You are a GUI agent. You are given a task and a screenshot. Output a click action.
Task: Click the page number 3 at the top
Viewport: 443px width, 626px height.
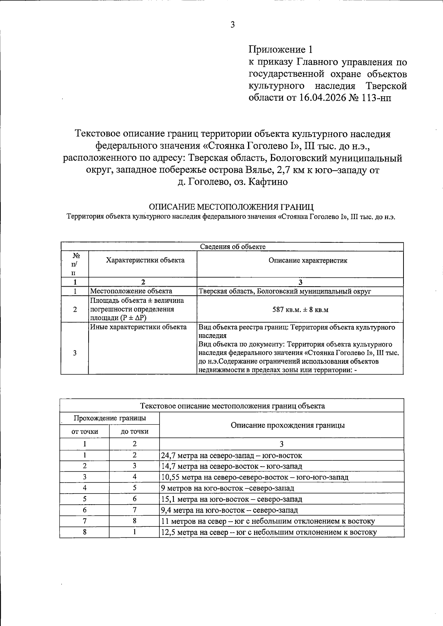(x=233, y=25)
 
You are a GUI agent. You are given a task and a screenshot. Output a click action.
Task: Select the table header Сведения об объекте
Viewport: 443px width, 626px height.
(x=233, y=247)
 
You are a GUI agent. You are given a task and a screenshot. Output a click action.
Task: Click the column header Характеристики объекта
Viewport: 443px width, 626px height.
(x=145, y=260)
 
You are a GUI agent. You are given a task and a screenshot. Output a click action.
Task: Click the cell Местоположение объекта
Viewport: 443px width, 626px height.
(x=131, y=291)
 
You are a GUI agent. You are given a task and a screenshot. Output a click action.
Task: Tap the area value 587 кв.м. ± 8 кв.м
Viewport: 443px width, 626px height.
(x=300, y=309)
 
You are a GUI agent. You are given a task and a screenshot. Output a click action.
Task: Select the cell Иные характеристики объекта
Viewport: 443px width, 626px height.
(x=138, y=327)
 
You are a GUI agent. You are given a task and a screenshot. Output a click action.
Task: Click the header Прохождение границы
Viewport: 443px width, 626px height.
(x=110, y=418)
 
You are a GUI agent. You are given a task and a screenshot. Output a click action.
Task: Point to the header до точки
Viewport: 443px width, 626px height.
(x=134, y=431)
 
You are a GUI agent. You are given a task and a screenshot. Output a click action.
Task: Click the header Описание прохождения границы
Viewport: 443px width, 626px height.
(x=288, y=425)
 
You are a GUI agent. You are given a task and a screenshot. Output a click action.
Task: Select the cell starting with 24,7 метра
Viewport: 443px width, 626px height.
(x=231, y=456)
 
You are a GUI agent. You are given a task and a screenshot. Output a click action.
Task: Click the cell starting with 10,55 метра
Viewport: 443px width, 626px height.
(x=254, y=477)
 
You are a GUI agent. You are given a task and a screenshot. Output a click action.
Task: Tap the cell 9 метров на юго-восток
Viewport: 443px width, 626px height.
(x=227, y=488)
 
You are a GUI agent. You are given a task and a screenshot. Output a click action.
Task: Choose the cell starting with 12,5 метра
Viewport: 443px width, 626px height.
(x=269, y=532)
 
